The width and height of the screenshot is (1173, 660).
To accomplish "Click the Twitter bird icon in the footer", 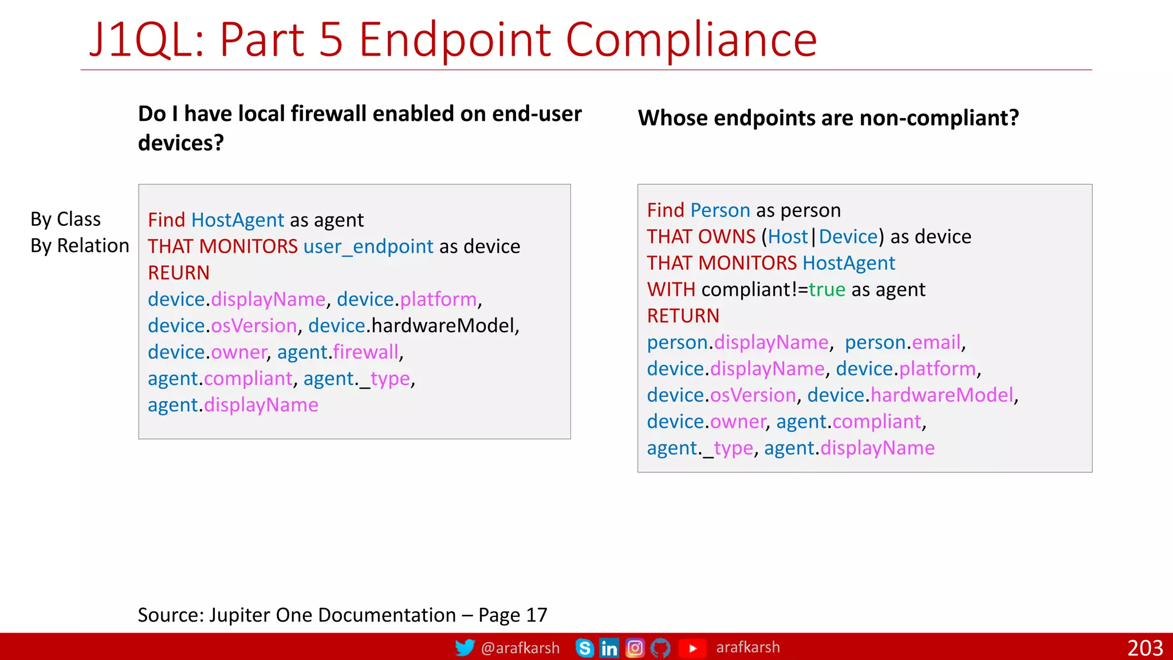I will tap(465, 648).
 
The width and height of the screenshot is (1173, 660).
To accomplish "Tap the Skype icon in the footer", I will tap(584, 648).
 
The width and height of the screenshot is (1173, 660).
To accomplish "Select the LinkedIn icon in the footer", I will tap(609, 648).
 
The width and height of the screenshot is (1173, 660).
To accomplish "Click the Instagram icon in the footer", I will tap(635, 648).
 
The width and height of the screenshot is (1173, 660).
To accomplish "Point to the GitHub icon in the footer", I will tap(660, 648).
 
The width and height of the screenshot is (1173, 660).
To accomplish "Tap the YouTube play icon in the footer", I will tap(692, 648).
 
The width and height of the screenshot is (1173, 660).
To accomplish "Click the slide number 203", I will tap(1145, 648).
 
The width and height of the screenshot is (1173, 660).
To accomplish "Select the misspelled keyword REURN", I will tap(179, 273).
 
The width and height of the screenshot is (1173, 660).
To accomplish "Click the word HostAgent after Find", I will tap(238, 220).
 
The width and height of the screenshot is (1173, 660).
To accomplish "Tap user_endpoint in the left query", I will tap(368, 246).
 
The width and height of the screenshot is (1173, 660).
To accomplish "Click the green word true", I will tap(827, 289).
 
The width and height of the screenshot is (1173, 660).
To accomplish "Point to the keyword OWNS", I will tap(727, 237).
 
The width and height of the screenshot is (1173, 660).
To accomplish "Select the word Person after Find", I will tap(720, 210).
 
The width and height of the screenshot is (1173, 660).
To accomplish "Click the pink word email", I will tap(936, 342).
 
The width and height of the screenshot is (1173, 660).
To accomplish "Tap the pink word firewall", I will tap(365, 352).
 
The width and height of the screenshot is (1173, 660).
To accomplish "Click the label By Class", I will tap(65, 219).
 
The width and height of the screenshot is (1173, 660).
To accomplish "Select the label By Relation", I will tap(80, 246).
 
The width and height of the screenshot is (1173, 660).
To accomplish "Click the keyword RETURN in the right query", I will tap(683, 316).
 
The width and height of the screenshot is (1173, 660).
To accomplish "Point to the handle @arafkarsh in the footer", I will tap(520, 648).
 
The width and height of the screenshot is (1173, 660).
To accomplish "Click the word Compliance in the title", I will tap(691, 40).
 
